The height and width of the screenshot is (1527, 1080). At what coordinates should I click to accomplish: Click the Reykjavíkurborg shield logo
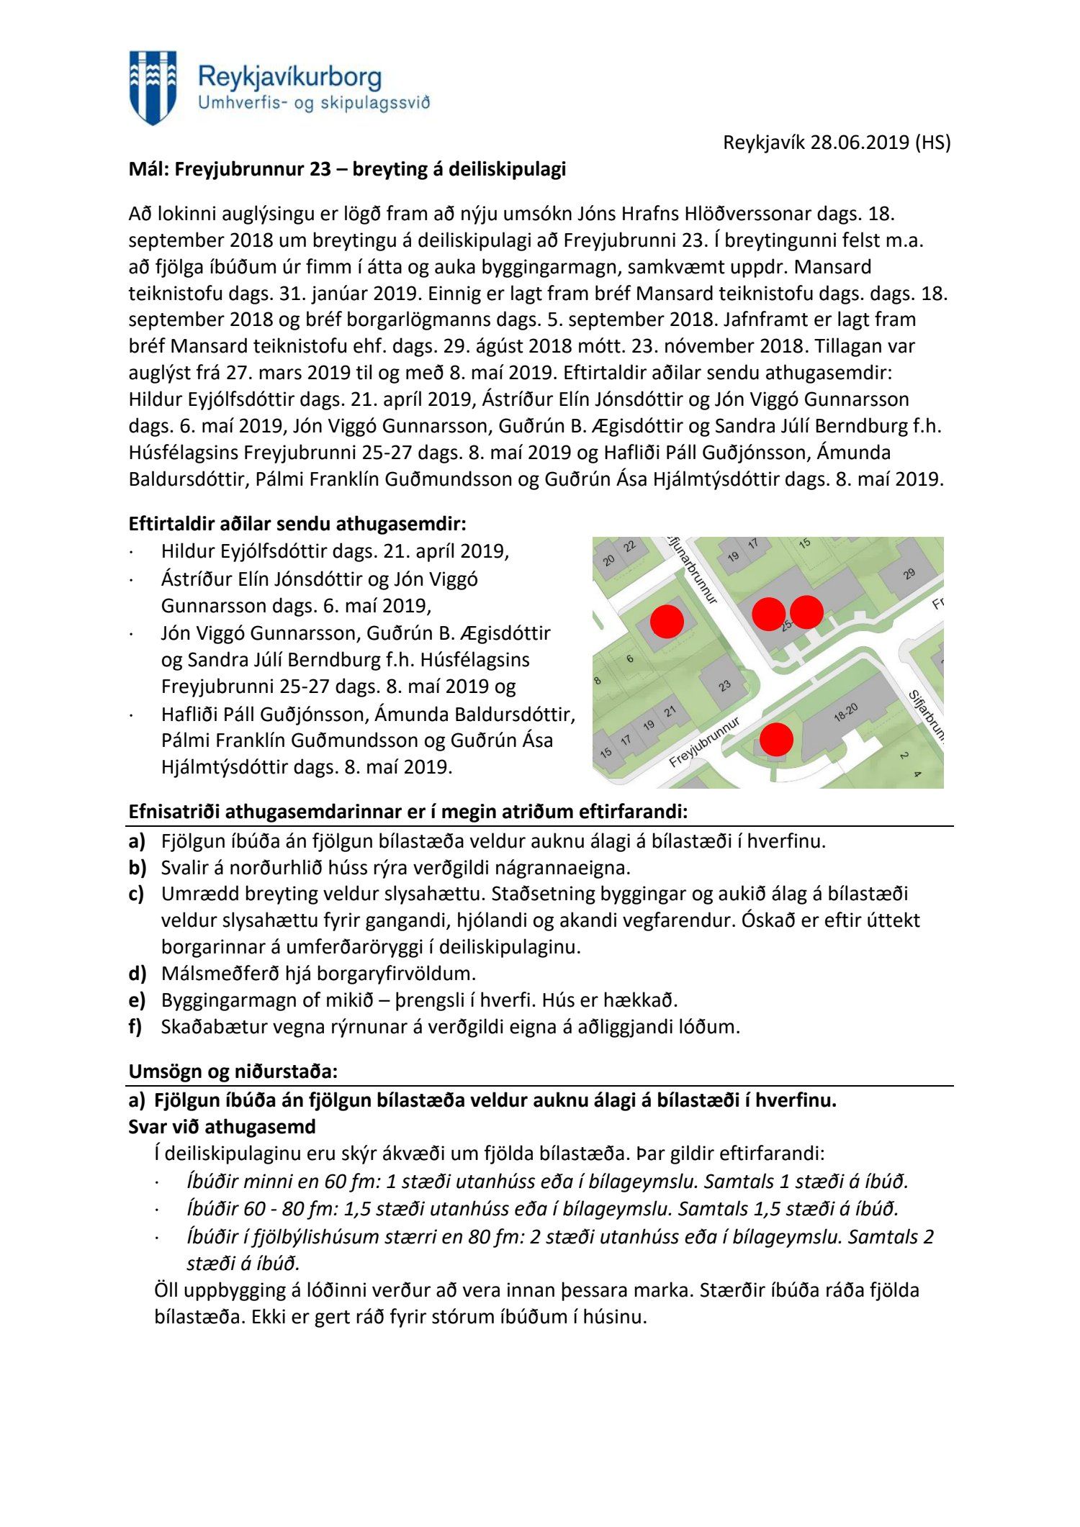coord(153,87)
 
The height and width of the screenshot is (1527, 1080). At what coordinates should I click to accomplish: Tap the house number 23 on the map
coord(724,685)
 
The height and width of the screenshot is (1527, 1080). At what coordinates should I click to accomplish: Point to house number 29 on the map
coord(909,574)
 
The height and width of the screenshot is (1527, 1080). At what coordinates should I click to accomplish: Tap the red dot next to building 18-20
coord(776,739)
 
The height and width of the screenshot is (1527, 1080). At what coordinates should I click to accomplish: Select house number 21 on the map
coord(670,712)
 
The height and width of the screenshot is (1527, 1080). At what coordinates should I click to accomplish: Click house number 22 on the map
coord(630,546)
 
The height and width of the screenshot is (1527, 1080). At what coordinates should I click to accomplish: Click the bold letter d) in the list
coord(138,974)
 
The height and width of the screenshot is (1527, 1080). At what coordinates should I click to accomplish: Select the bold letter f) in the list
coord(136,1027)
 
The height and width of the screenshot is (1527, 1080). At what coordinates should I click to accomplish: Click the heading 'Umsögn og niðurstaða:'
coord(233,1071)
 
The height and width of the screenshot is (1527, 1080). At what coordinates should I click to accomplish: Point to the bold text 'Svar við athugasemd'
coord(222,1126)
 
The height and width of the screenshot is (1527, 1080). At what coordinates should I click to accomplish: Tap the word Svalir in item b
coord(183,867)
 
